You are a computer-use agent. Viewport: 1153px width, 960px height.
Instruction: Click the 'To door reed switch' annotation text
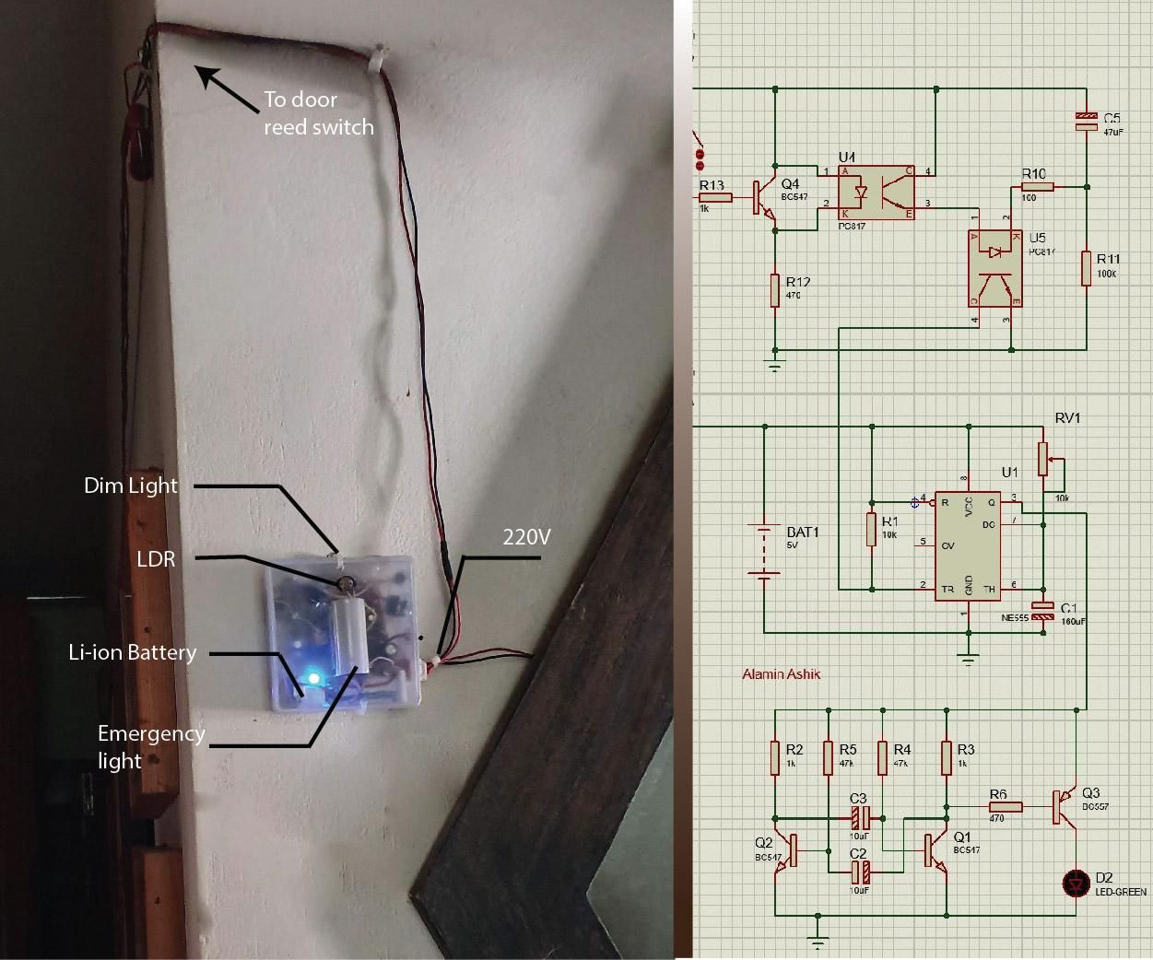318,112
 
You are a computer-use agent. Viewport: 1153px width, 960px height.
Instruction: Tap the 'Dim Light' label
130,486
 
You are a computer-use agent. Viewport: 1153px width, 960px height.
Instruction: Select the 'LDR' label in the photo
156,558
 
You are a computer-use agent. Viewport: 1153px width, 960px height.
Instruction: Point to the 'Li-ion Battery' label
132,652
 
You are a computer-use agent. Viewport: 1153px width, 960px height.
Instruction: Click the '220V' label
525,536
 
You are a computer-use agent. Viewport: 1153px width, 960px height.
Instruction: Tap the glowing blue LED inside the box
313,678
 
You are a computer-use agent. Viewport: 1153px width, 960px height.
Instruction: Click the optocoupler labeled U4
876,193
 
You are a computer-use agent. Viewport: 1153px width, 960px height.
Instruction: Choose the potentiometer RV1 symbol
1043,458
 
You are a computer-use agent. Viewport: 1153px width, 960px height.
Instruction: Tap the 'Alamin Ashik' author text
781,674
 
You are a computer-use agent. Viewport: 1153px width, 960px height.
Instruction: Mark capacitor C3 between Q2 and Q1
859,816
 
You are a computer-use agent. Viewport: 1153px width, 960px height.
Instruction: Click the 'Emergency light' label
150,746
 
